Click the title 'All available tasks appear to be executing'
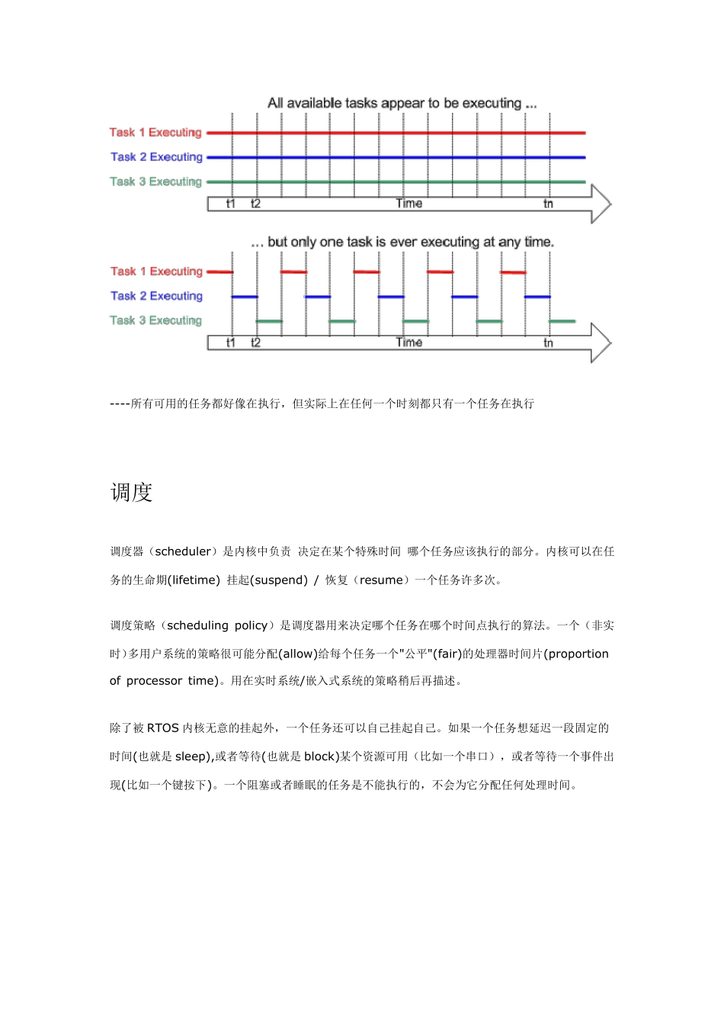point(402,103)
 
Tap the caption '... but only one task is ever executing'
point(402,242)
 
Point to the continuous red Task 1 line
point(396,133)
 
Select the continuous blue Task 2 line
point(396,158)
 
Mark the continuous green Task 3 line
point(396,182)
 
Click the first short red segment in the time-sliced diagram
point(219,272)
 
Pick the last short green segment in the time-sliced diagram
point(562,321)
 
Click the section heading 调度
point(132,493)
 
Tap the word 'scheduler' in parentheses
point(183,551)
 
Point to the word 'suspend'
point(278,580)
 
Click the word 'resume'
point(380,580)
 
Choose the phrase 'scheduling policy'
point(216,625)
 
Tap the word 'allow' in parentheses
point(298,654)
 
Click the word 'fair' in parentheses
point(448,654)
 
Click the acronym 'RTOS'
point(162,728)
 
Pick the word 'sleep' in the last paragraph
point(191,757)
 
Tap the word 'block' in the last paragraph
point(320,757)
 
